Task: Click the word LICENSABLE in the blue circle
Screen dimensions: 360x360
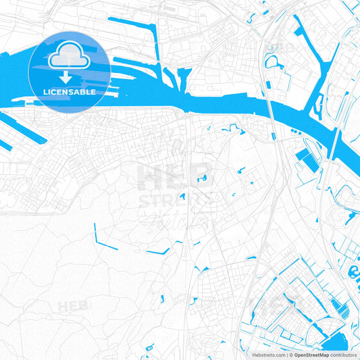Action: point(70,91)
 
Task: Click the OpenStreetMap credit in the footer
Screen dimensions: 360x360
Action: point(310,355)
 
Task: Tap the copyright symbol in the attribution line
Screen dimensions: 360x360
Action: point(289,355)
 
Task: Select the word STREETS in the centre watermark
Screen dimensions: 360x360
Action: point(177,201)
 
